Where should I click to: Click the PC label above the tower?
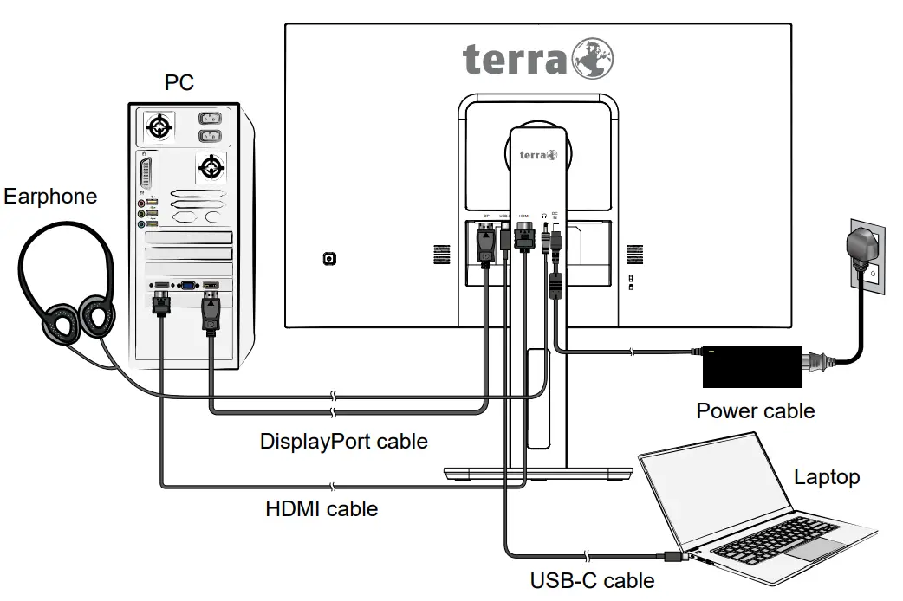pos(179,83)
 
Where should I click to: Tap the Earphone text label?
pos(50,197)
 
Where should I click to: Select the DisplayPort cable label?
pos(344,441)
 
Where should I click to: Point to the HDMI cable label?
pos(322,508)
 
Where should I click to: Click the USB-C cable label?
pos(593,580)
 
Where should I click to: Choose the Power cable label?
pos(756,410)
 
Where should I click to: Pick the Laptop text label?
pos(827,476)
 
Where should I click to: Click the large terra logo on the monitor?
pos(538,58)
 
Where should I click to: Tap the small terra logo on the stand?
pos(538,156)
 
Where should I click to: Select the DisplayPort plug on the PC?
pos(211,313)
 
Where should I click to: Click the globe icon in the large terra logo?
pos(593,58)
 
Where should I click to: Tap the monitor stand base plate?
pos(538,473)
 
